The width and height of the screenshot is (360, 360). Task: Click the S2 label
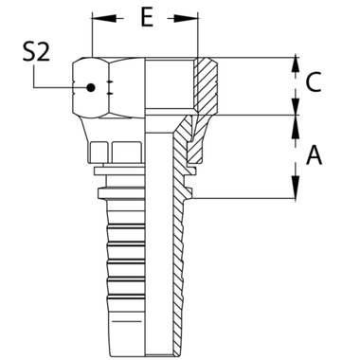pos(36,55)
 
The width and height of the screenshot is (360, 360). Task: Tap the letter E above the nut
pos(145,18)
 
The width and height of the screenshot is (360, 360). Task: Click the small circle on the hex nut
pos(91,88)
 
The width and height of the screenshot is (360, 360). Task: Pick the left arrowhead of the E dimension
pos(95,18)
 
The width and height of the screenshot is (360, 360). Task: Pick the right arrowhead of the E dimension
pos(195,18)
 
